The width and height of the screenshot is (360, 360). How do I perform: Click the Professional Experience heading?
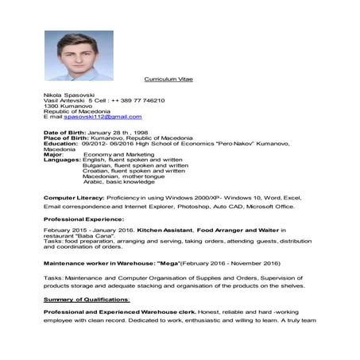83,219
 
